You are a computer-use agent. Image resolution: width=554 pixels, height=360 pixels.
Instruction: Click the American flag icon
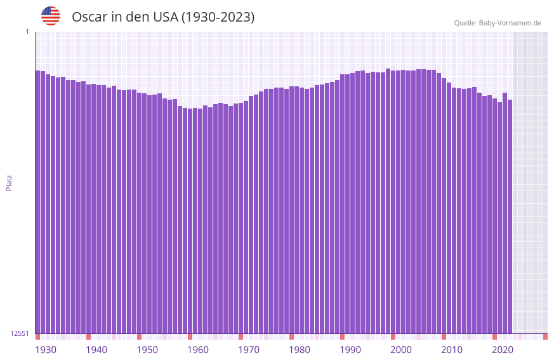[x=51, y=16]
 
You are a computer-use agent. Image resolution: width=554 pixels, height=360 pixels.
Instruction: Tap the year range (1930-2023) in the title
[x=218, y=17]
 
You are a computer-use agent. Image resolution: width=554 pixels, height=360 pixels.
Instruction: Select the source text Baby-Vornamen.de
[x=510, y=23]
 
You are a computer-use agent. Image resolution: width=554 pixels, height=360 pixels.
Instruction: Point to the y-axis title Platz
[x=9, y=183]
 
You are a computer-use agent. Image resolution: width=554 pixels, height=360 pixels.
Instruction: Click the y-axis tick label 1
[x=27, y=32]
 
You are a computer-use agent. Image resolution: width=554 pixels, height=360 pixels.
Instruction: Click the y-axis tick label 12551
[x=20, y=333]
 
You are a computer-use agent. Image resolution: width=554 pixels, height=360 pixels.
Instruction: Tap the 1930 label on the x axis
[x=46, y=350]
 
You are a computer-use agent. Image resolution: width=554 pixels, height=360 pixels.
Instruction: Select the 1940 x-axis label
[x=96, y=350]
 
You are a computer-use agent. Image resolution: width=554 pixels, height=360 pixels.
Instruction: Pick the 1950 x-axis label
[x=147, y=350]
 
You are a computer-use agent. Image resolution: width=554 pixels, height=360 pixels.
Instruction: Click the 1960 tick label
[x=198, y=350]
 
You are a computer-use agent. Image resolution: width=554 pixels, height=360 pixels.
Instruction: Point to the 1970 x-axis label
[x=249, y=350]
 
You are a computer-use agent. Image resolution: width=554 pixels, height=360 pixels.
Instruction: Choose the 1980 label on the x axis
[x=300, y=350]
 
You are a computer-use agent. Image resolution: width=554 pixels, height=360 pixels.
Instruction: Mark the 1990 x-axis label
[x=350, y=350]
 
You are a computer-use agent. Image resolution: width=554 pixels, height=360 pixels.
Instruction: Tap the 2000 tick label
[x=401, y=350]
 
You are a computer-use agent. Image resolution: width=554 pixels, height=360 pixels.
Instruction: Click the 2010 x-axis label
[x=452, y=350]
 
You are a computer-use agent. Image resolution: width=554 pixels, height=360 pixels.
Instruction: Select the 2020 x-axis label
[x=503, y=350]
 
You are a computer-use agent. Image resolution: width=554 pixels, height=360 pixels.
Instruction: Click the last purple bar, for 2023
[x=510, y=216]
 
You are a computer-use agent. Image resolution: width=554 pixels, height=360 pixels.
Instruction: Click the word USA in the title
[x=165, y=17]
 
